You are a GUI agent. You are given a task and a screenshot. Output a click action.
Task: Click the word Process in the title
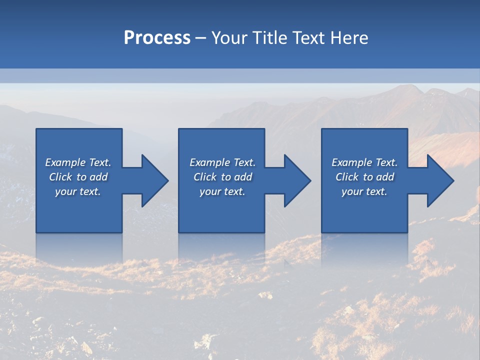click(157, 38)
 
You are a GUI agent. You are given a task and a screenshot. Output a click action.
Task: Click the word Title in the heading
click(269, 38)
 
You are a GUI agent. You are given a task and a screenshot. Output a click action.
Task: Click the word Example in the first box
click(65, 162)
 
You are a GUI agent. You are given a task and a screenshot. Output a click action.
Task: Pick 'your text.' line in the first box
click(78, 191)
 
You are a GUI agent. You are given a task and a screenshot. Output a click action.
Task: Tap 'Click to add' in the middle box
click(222, 177)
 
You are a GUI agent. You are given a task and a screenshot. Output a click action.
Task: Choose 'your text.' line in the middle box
click(222, 191)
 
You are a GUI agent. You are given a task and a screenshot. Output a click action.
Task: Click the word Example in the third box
click(352, 162)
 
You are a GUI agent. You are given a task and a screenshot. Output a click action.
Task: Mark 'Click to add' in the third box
click(364, 177)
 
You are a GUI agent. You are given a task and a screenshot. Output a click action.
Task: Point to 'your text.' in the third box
click(364, 191)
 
